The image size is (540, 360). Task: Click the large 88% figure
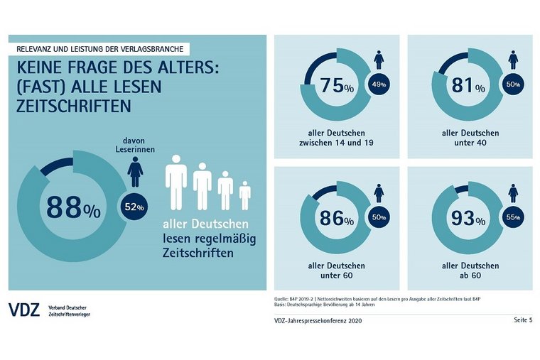73,207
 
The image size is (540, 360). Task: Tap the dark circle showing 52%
134,207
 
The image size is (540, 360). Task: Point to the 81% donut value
469,87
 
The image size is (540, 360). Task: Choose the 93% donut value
469,218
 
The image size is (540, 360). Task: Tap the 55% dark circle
512,218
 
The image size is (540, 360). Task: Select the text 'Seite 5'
523,321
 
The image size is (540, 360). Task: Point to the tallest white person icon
176,186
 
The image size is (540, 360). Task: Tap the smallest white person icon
244,195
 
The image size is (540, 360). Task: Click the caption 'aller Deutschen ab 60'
470,270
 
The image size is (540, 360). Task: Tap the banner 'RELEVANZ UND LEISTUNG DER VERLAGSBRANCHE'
100,49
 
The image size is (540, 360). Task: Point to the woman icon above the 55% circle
512,192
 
